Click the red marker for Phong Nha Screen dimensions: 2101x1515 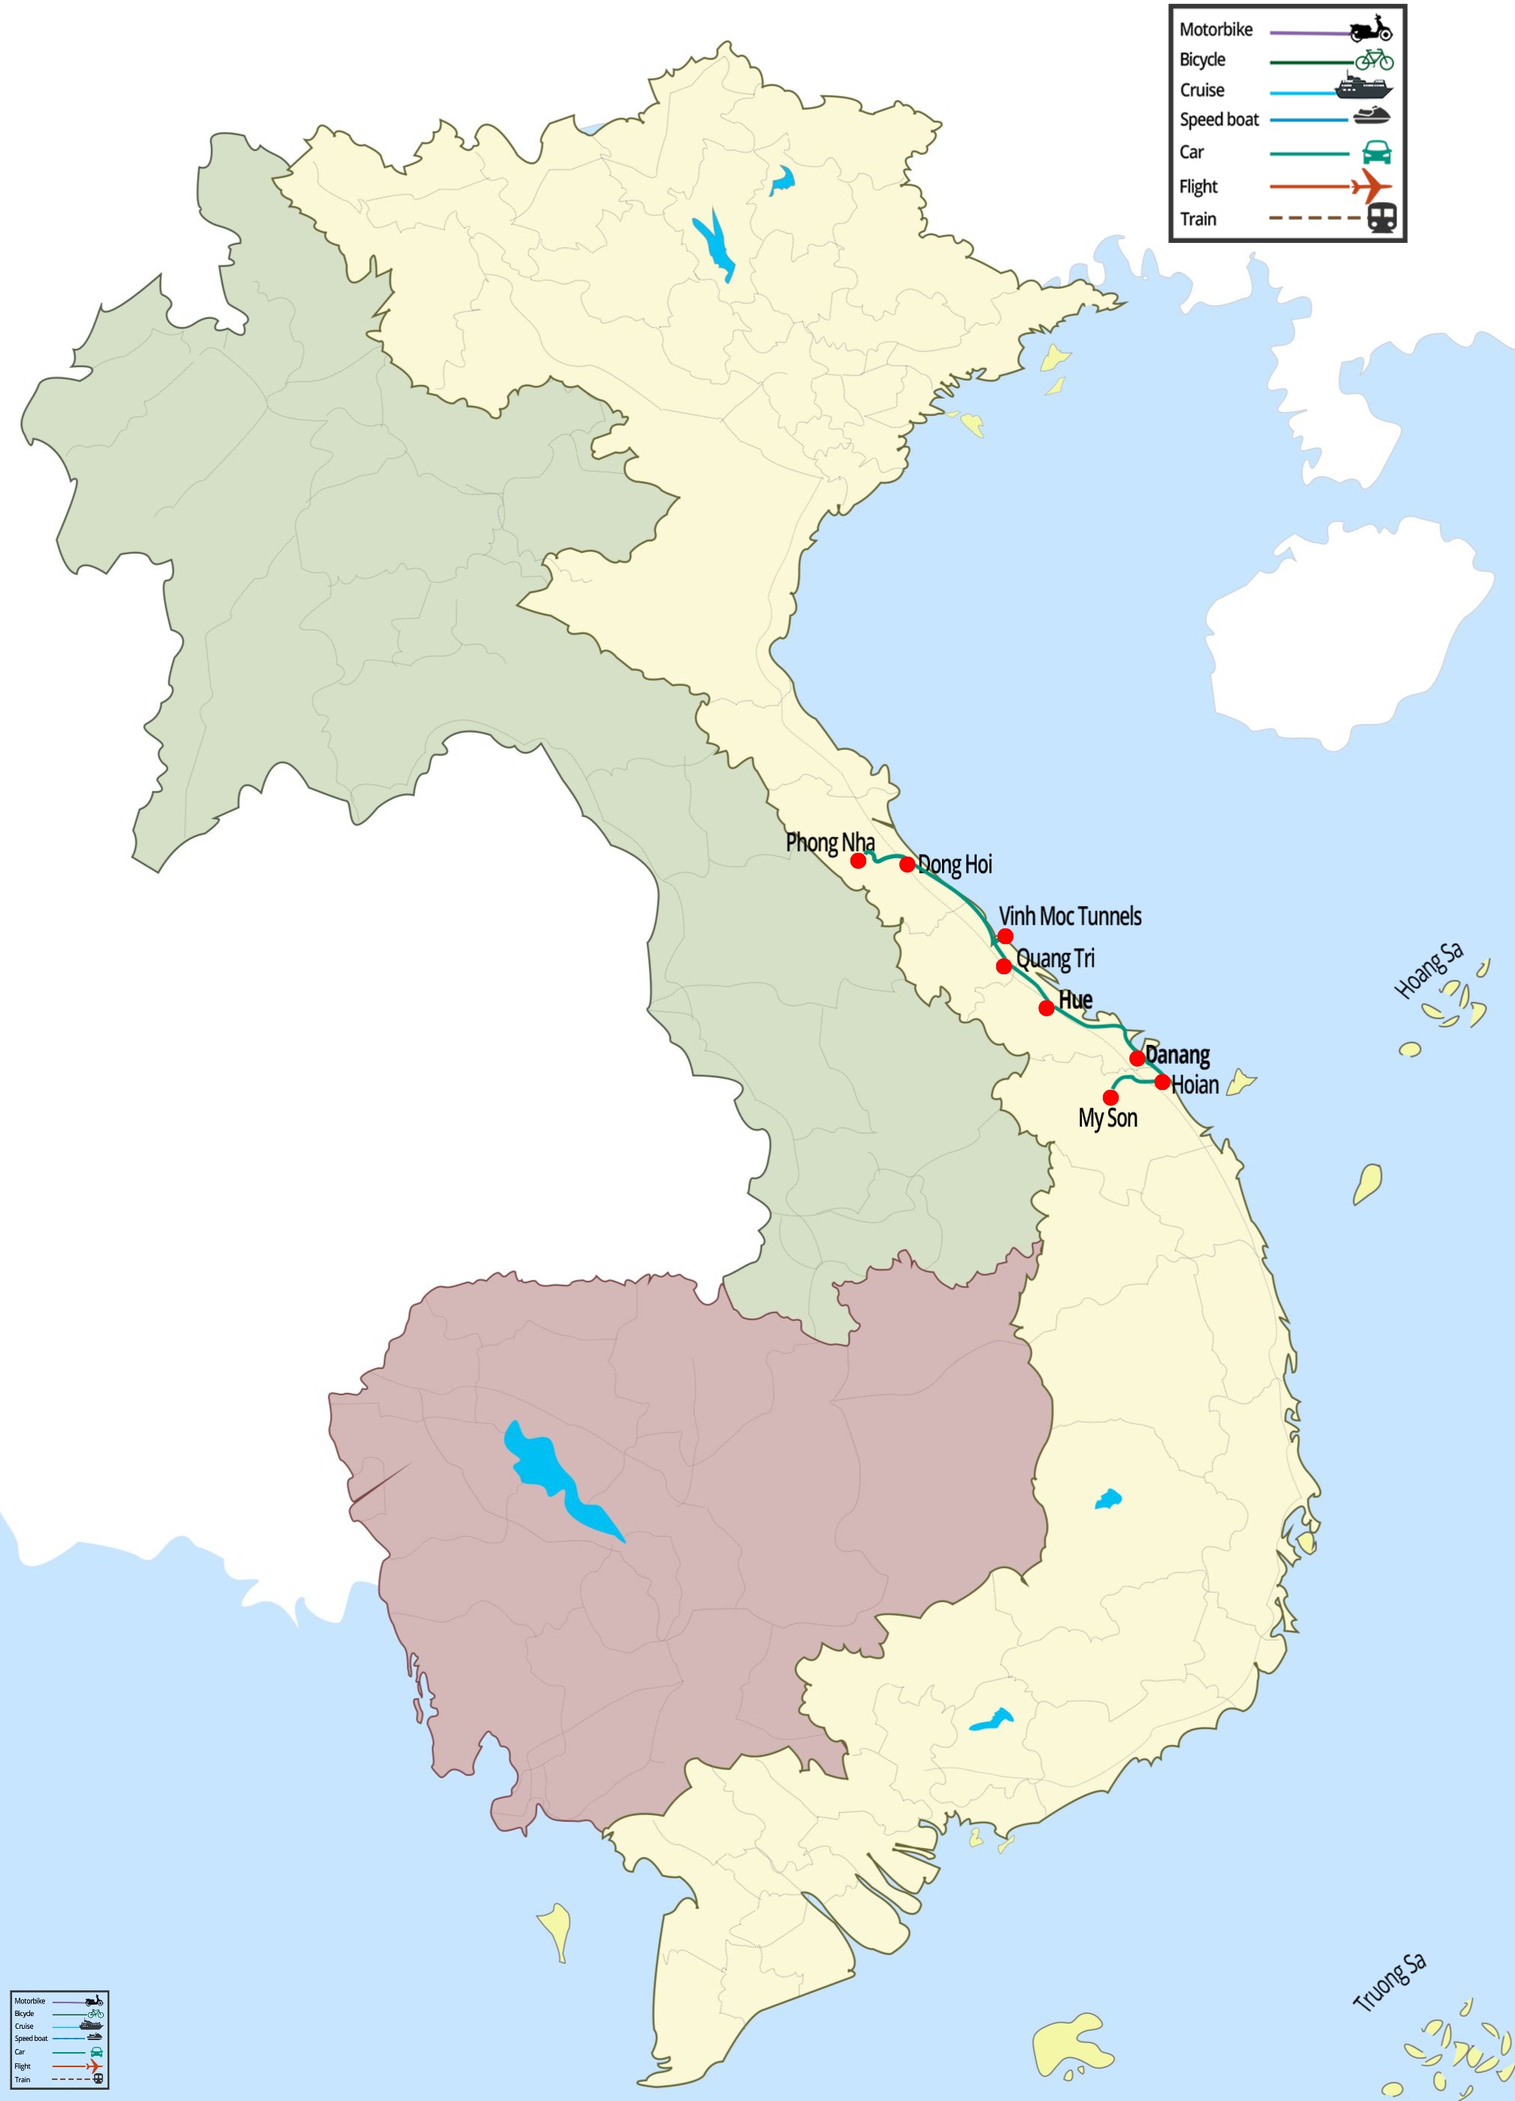(859, 861)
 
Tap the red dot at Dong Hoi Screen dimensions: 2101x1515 (907, 864)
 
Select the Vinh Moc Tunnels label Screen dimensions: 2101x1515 (1070, 916)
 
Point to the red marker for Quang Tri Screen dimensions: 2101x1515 (1004, 966)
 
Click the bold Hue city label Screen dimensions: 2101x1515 (1075, 1000)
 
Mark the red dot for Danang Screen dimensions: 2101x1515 (1137, 1058)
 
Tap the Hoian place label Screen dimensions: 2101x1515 (1195, 1084)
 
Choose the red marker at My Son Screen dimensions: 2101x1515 (1110, 1098)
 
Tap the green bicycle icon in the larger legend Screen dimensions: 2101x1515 (1374, 59)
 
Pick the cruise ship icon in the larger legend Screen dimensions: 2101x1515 (1363, 87)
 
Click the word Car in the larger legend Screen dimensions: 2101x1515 (1192, 152)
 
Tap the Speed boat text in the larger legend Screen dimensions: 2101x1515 (1219, 120)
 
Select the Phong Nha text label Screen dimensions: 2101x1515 (830, 842)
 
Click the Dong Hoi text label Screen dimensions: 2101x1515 (955, 864)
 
